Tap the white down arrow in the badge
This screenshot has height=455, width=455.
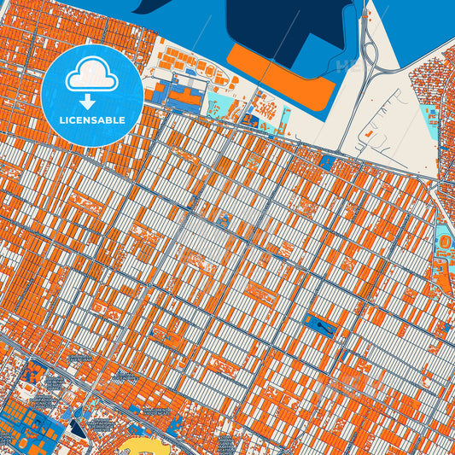pyautogui.click(x=93, y=101)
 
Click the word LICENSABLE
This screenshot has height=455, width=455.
pyautogui.click(x=93, y=120)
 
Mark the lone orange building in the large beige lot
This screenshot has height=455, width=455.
pyautogui.click(x=369, y=134)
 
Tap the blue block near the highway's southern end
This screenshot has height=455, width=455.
pyautogui.click(x=327, y=160)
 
